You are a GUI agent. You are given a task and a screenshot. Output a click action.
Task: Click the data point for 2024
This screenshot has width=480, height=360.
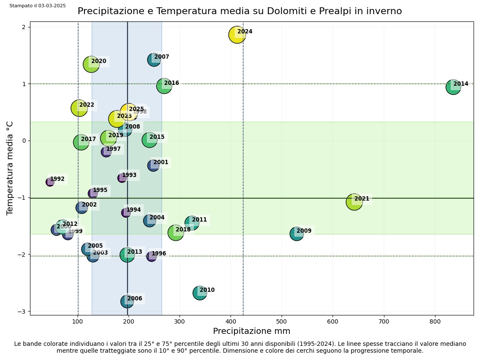237,34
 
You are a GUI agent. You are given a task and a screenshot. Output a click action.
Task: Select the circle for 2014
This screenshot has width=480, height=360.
453,87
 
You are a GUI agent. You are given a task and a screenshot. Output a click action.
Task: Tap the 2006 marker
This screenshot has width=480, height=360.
127,301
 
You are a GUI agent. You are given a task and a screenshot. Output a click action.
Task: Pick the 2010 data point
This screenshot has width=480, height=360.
200,293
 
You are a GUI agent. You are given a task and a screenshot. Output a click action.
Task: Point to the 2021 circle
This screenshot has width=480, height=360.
354,201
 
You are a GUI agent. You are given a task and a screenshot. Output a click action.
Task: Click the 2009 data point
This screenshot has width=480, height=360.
297,234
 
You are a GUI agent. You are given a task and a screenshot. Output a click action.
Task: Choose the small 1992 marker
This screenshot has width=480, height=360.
50,182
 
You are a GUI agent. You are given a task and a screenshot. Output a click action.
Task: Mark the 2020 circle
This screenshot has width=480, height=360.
91,64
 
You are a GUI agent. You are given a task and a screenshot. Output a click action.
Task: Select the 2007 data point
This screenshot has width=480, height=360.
154,60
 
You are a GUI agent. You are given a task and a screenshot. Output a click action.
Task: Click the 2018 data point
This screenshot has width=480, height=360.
175,232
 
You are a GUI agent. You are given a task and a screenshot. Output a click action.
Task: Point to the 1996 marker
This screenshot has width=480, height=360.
152,256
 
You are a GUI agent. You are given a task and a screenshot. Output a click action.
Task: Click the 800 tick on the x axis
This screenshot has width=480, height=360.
435,321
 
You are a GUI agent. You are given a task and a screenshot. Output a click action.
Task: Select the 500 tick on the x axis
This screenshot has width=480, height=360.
282,321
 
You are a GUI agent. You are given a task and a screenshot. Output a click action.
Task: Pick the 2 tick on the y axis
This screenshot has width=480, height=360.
23,27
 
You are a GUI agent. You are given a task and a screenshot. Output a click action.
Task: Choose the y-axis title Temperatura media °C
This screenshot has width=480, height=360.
10,168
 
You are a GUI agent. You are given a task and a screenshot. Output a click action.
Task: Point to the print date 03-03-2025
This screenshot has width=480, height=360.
51,6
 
